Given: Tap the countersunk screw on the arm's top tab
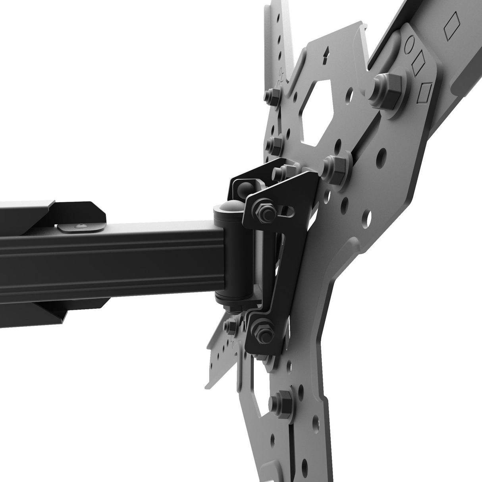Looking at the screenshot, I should point(81,227).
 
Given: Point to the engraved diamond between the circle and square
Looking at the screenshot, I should point(417,64).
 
